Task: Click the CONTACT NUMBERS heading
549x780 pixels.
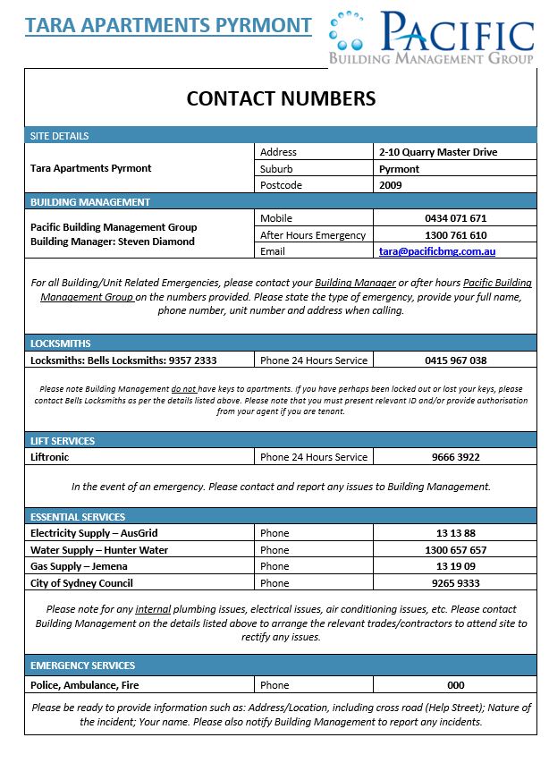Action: tap(281, 98)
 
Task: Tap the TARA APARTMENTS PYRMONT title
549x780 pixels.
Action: tap(168, 25)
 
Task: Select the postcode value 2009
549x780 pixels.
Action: tap(391, 185)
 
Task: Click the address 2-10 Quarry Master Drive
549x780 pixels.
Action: tap(438, 152)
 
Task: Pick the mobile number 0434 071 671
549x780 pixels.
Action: tap(455, 218)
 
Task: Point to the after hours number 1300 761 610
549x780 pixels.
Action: tap(455, 235)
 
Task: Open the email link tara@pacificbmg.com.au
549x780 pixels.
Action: tap(437, 252)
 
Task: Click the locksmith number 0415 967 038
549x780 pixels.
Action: tap(455, 360)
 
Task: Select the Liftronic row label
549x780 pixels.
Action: tap(50, 457)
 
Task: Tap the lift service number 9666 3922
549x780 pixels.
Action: tap(455, 457)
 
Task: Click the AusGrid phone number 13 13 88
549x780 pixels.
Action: tap(455, 533)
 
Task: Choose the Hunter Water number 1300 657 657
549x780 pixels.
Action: tap(455, 550)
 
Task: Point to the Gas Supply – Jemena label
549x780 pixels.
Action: tap(79, 566)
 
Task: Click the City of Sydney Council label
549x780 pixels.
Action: tap(81, 583)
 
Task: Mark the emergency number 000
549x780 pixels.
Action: tap(455, 685)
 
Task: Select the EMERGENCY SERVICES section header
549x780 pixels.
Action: tap(83, 666)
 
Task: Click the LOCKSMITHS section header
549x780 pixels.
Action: tap(61, 343)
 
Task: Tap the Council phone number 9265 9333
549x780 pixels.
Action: tap(455, 583)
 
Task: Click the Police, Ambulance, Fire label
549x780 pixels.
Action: tap(85, 685)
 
